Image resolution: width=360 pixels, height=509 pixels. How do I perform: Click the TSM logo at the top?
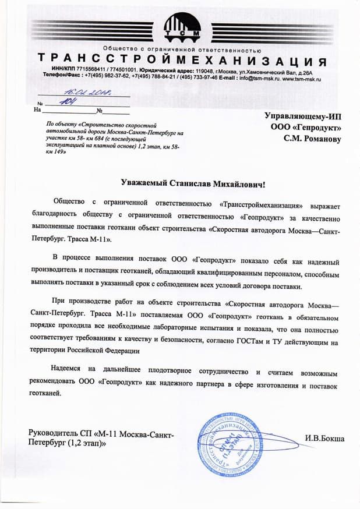tap(182, 27)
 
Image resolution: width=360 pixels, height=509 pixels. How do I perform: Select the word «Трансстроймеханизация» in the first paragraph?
tap(264, 205)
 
